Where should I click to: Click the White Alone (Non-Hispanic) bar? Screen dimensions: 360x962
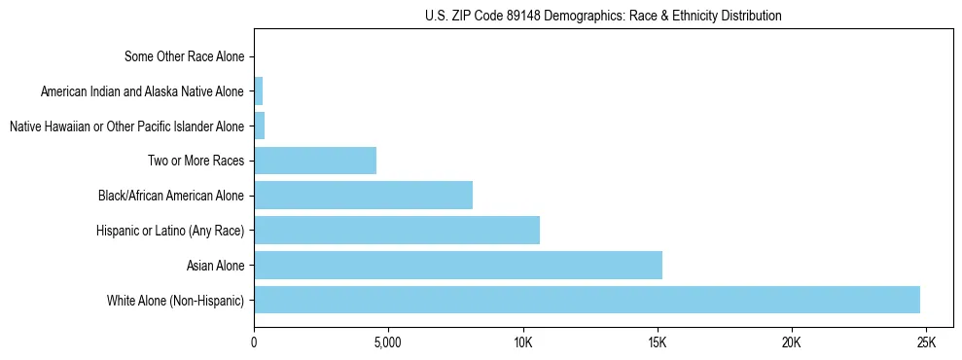587,300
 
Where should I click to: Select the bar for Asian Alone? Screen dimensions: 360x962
457,265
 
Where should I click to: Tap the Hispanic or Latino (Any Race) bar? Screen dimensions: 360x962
397,231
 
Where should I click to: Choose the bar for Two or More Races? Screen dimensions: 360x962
315,161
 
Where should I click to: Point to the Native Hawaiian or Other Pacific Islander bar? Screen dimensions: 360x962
259,126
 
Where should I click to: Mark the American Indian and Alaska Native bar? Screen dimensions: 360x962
258,91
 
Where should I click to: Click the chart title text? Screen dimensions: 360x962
603,16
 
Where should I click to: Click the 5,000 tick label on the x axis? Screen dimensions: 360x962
388,342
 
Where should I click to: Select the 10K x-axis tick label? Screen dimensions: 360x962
522,342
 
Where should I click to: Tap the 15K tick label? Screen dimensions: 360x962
657,342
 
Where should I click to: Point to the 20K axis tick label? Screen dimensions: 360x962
791,342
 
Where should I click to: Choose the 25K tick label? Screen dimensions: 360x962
925,342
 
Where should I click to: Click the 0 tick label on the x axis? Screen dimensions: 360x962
254,342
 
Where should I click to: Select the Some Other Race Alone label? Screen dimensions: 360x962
184,56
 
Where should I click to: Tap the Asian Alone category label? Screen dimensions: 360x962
215,265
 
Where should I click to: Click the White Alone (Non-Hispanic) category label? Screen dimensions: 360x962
175,300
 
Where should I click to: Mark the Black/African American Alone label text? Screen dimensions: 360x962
170,196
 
